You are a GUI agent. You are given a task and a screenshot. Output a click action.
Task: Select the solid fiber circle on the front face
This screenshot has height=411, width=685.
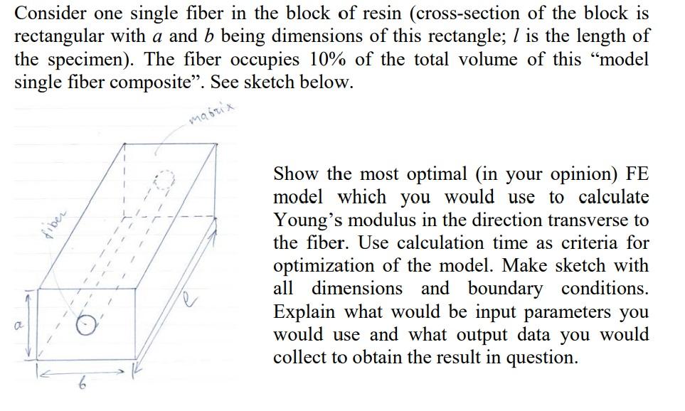87,325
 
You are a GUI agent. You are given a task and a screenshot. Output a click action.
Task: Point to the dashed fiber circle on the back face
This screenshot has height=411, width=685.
165,183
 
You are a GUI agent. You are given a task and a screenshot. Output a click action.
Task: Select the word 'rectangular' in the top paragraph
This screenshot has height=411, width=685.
59,36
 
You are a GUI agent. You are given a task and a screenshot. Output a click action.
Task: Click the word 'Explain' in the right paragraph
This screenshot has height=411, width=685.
308,312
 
